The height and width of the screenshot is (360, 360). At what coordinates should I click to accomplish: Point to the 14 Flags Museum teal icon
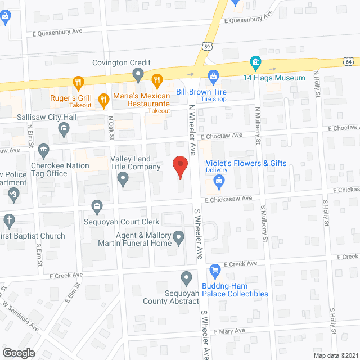(255, 62)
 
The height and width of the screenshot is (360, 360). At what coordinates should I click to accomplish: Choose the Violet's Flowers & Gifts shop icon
(219, 181)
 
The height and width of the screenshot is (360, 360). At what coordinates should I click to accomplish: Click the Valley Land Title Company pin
(123, 179)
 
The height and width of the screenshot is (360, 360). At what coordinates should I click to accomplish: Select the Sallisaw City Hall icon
(64, 130)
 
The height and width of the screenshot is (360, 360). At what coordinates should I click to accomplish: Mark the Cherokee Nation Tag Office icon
(44, 150)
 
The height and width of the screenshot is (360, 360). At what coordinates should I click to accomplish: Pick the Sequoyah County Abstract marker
(187, 277)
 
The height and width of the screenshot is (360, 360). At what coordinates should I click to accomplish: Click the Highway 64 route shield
(350, 60)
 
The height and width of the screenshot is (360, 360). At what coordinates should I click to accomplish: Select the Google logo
(18, 353)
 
